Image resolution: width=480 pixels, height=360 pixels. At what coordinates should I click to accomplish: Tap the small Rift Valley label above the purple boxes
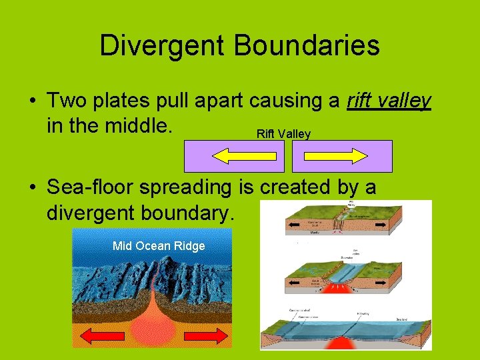[x=283, y=134]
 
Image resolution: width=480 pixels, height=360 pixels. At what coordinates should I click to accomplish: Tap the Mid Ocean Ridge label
[x=159, y=246]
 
